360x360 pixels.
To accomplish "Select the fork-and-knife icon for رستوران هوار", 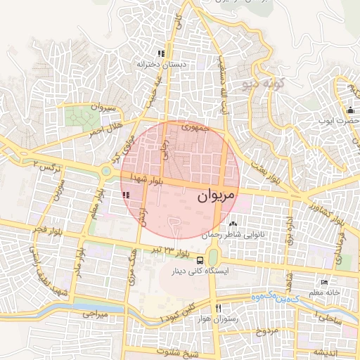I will click(218, 309).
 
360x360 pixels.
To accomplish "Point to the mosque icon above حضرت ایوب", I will click(349, 110).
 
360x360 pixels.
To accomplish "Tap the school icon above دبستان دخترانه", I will click(161, 53).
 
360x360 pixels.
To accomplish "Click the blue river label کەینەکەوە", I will click(276, 299).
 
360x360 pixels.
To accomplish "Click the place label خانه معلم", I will click(327, 292).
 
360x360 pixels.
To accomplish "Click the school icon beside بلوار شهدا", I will click(126, 195).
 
